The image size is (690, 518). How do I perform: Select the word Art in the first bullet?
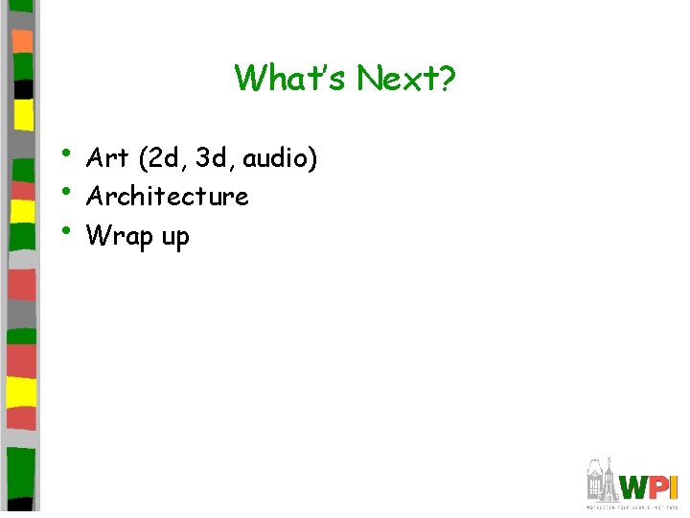pyautogui.click(x=106, y=156)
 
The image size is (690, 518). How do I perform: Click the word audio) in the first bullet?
pyautogui.click(x=283, y=157)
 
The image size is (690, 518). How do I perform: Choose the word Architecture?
pyautogui.click(x=167, y=196)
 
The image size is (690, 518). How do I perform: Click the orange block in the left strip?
pyautogui.click(x=22, y=40)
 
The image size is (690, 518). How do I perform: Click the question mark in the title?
pyautogui.click(x=448, y=78)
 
